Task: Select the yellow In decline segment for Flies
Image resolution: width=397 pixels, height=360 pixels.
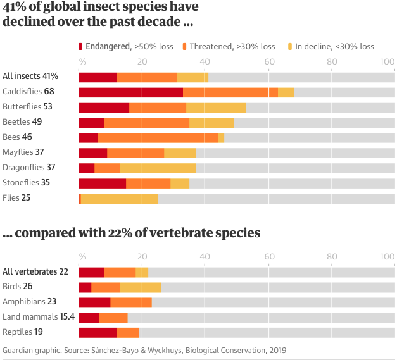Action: pos(119,199)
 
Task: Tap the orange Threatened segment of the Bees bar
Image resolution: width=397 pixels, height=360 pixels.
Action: pos(158,138)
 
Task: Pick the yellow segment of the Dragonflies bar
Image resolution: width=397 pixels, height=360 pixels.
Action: pos(158,168)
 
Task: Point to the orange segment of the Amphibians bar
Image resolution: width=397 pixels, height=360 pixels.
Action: pos(131,302)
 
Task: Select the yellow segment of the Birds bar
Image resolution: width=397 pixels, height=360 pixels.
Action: pos(141,287)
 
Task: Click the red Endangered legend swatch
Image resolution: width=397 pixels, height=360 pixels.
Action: pos(81,46)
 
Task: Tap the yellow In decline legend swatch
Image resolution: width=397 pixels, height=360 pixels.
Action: pos(291,46)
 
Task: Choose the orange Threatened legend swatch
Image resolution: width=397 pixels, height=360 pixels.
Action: pos(185,46)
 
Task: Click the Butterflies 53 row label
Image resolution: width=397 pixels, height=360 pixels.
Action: pos(27,106)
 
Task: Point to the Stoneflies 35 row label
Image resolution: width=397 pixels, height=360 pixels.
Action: pos(26,182)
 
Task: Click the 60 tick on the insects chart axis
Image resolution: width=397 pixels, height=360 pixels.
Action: pos(269,61)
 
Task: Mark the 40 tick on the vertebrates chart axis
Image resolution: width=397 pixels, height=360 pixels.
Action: pos(205,256)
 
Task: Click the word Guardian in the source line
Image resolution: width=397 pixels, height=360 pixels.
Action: pos(19,350)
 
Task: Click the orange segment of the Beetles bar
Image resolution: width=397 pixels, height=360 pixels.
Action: pos(146,123)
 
